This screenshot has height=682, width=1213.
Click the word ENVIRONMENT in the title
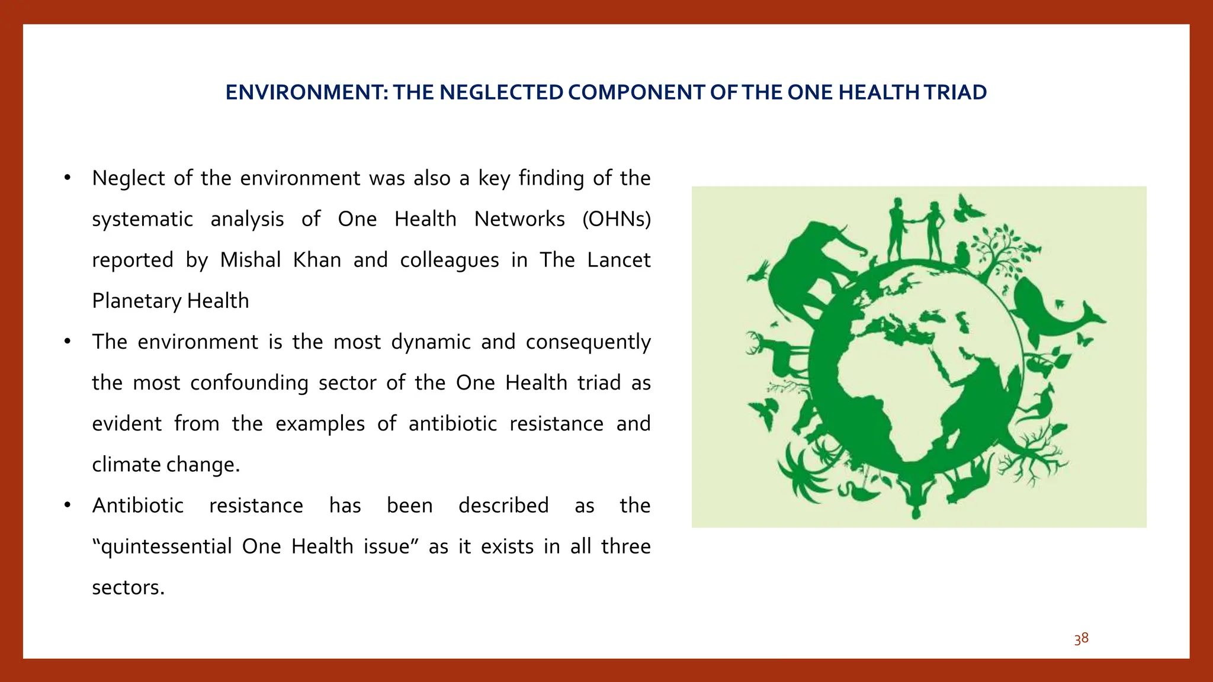306,92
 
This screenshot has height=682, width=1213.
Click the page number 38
1081,639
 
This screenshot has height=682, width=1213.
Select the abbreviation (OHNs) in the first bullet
617,219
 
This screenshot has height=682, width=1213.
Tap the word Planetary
136,301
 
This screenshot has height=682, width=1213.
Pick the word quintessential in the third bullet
162,546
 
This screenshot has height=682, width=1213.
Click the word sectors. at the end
128,587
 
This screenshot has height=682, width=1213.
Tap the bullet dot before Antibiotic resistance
68,505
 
